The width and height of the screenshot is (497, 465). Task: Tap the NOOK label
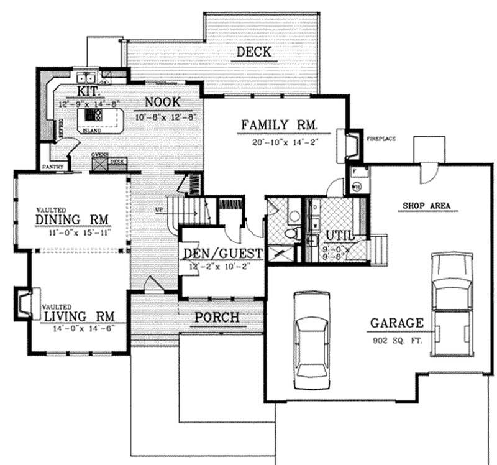(x=163, y=101)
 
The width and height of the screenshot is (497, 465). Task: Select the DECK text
(x=253, y=52)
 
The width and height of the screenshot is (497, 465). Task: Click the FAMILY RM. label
(x=280, y=126)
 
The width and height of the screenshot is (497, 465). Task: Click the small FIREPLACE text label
(x=381, y=139)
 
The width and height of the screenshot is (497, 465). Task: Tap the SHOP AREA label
(x=426, y=205)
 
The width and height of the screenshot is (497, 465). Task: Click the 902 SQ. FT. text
(x=398, y=341)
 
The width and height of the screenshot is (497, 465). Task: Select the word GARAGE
(x=398, y=323)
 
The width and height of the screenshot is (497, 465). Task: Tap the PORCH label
(x=216, y=318)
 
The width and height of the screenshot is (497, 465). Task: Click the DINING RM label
(x=72, y=220)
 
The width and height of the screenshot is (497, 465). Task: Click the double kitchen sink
(x=86, y=78)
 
